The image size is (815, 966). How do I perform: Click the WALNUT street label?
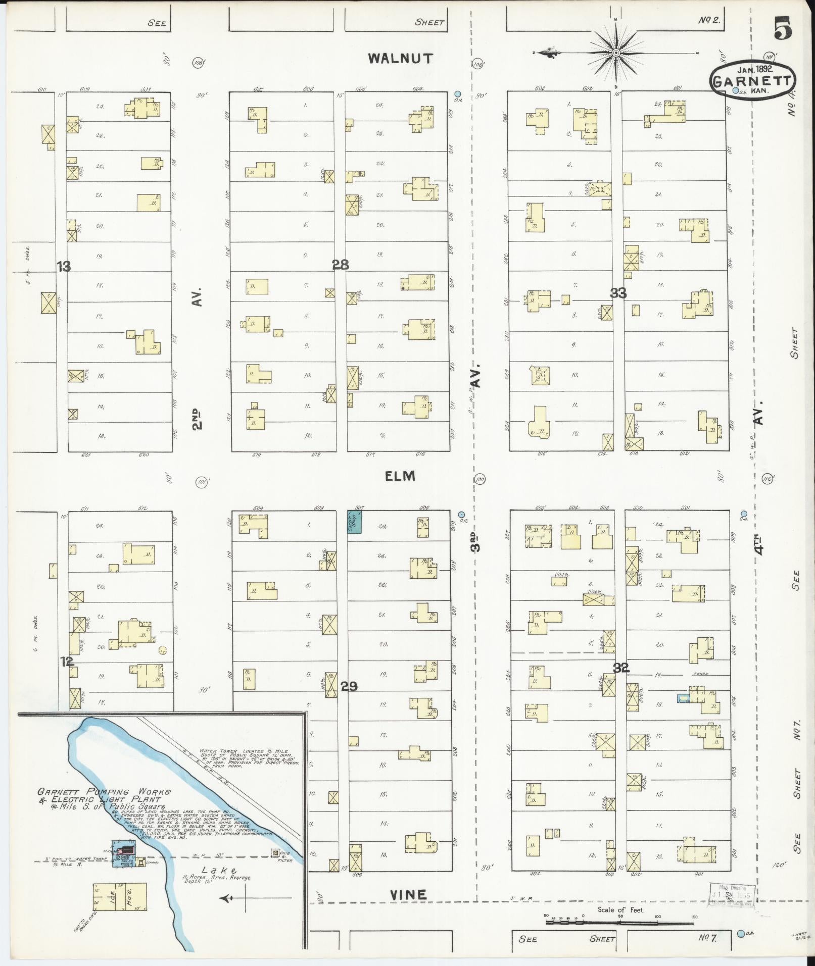point(400,58)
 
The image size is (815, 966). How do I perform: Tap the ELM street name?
point(400,476)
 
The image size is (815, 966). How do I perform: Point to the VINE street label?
point(408,895)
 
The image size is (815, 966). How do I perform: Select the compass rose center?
point(616,53)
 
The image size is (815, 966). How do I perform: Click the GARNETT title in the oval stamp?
point(752,81)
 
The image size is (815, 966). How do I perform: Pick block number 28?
point(341,264)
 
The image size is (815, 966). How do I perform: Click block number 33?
point(618,292)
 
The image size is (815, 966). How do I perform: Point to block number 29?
point(349,686)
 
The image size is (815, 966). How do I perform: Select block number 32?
point(621,668)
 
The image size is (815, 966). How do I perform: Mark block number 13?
point(64,266)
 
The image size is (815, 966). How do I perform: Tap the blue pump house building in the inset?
point(123,853)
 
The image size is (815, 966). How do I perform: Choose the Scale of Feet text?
point(620,909)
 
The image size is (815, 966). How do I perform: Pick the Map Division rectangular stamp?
point(732,895)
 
